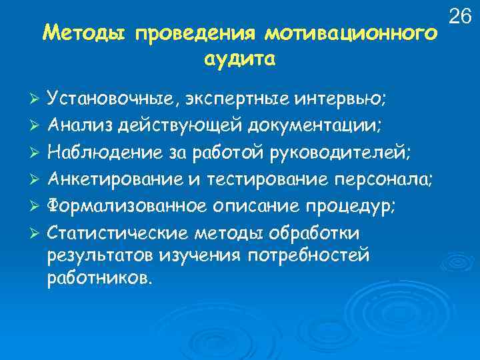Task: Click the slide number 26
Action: tap(461, 14)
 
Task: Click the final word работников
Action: tap(100, 277)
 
